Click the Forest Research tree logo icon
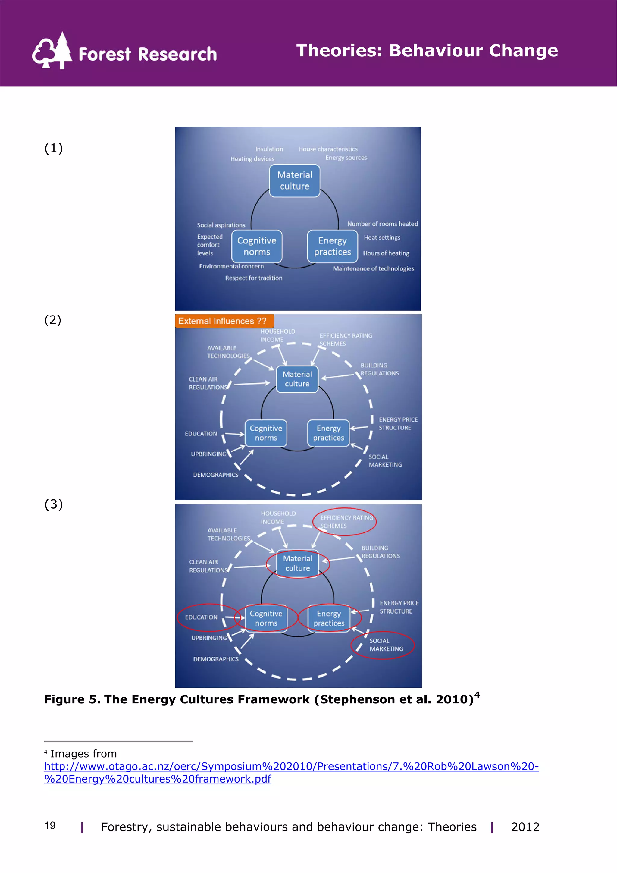(52, 51)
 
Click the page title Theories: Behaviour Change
(427, 51)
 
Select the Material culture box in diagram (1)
(295, 181)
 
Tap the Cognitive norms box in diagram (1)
(257, 247)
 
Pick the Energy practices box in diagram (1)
(332, 247)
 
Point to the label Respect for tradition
(254, 278)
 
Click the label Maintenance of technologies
(373, 268)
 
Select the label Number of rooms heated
(382, 224)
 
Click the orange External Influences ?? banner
(224, 321)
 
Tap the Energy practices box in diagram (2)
(328, 433)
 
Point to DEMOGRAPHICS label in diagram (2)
(215, 475)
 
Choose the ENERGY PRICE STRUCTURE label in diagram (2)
(398, 424)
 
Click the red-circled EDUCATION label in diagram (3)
(201, 617)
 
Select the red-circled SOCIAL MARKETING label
(386, 645)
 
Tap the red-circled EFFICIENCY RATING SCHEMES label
(346, 522)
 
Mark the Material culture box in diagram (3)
(298, 564)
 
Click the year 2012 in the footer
(525, 827)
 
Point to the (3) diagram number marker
(54, 504)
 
